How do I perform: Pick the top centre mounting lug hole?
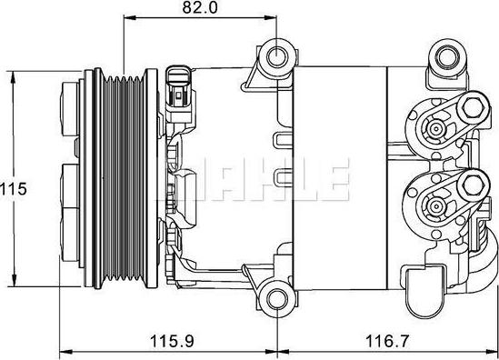point(276,59)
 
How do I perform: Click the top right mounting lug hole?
point(447,61)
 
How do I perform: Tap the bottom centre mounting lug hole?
point(276,297)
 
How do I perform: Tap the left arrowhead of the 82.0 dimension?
point(126,18)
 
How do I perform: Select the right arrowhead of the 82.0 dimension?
point(272,18)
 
